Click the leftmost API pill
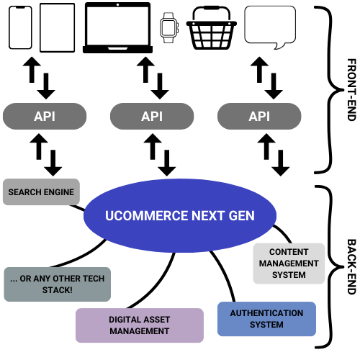click(45, 116)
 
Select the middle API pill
click(152, 116)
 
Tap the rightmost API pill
click(259, 116)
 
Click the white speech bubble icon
click(270, 24)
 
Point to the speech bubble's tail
click(279, 45)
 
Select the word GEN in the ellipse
click(240, 216)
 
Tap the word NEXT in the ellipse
click(207, 216)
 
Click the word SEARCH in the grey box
click(24, 193)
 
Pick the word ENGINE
click(58, 193)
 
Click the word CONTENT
click(289, 252)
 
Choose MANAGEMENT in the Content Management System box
click(289, 264)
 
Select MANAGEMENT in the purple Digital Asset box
click(140, 331)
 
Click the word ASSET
click(158, 319)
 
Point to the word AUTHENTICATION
click(266, 313)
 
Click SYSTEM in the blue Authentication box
click(266, 325)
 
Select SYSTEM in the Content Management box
click(289, 275)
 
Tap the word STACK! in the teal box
click(58, 290)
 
